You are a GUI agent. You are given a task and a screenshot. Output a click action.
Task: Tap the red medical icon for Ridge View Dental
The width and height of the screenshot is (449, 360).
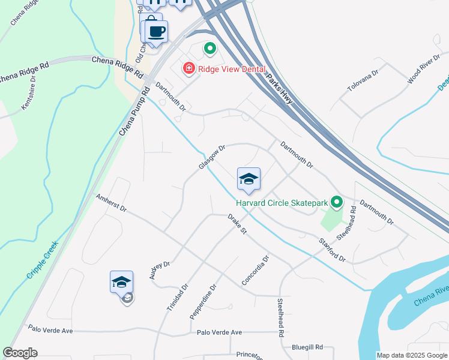(x=189, y=70)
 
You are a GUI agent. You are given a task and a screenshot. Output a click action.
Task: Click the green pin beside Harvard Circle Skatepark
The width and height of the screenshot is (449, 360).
(x=336, y=202)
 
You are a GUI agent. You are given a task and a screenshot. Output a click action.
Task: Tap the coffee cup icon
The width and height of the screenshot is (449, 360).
(x=156, y=32)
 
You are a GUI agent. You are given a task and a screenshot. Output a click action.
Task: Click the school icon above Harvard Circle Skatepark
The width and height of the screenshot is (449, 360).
(x=249, y=179)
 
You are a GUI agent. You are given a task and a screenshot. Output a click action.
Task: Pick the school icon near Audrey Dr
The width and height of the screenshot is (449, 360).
(x=121, y=282)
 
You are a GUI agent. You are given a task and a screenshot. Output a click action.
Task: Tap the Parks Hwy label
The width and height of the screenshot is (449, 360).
(x=279, y=89)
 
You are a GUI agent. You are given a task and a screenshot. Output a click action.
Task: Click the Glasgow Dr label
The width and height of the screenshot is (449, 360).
(x=212, y=157)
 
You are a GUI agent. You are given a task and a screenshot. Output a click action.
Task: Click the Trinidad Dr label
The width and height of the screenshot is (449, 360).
(x=176, y=298)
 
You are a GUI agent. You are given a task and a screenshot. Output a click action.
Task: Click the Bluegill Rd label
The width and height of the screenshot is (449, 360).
(x=307, y=347)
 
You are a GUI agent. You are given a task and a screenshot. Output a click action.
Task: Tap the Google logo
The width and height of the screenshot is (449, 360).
(x=20, y=353)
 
